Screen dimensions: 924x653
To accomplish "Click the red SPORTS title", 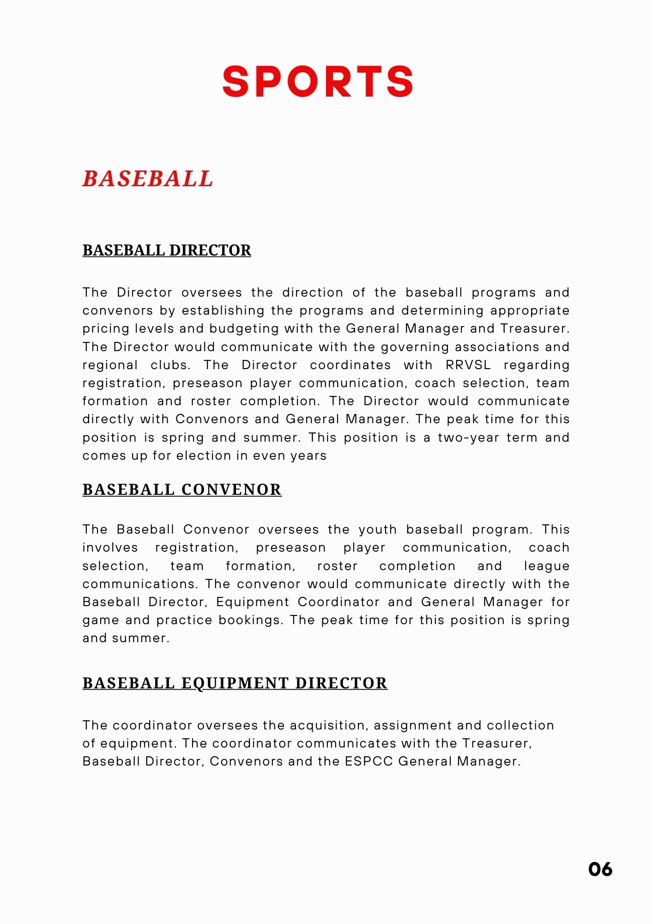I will [x=318, y=81].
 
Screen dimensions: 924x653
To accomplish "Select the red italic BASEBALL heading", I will [x=148, y=179].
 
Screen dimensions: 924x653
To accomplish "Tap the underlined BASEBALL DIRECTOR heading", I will [x=167, y=250].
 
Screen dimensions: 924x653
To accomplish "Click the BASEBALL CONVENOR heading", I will [x=182, y=490].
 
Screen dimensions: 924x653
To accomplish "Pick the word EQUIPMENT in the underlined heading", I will [x=235, y=683].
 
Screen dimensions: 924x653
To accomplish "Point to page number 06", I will [x=600, y=869].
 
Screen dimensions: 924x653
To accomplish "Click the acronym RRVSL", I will [x=468, y=365].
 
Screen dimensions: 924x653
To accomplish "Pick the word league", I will [x=546, y=566].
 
